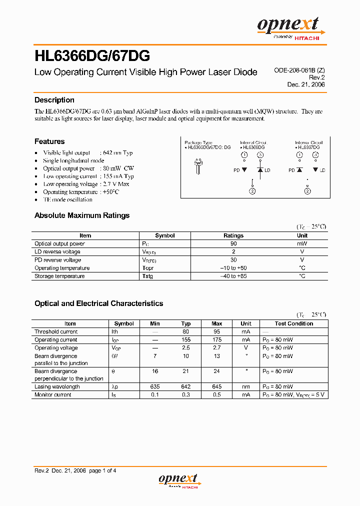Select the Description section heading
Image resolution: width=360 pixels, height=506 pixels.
click(x=54, y=100)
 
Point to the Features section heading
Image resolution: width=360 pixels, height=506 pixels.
click(x=49, y=141)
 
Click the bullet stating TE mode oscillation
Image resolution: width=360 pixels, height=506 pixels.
click(x=67, y=199)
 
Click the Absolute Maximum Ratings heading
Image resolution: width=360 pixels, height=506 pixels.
click(x=81, y=215)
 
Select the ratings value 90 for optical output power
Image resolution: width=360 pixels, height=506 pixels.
click(x=233, y=243)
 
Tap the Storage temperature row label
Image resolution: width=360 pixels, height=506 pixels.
click(x=59, y=276)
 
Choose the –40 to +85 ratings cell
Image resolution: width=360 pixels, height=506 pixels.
click(x=233, y=276)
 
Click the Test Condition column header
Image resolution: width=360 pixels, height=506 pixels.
click(x=293, y=323)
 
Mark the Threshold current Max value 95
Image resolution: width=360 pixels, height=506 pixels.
click(x=217, y=331)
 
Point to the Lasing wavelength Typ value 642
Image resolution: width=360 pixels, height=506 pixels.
click(x=186, y=386)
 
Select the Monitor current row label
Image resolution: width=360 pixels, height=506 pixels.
click(x=52, y=394)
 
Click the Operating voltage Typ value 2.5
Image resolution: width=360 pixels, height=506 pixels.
click(x=186, y=347)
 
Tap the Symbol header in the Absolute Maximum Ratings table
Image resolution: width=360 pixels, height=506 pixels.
click(x=165, y=235)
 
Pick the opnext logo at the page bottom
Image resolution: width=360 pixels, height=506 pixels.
click(x=179, y=480)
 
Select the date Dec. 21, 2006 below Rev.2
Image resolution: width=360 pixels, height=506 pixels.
click(x=305, y=84)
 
